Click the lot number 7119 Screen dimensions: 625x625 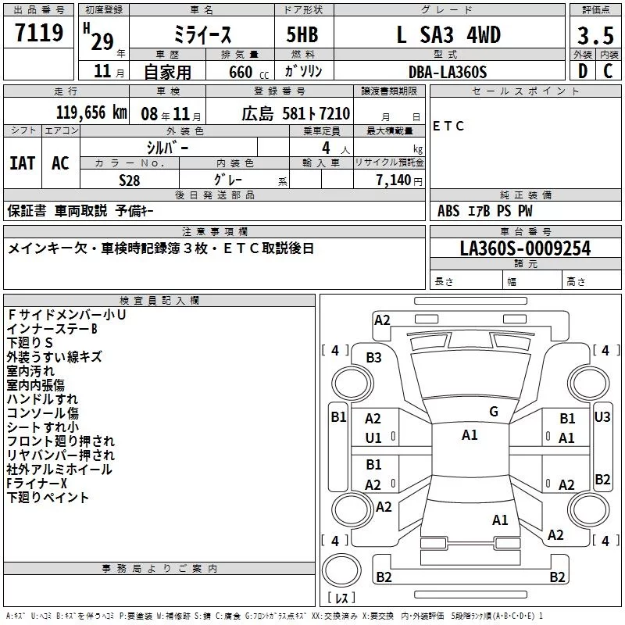39,33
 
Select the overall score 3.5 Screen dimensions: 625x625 595,35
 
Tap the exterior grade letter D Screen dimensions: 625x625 583,71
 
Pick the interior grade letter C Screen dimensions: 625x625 608,71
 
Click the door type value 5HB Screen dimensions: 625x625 302,34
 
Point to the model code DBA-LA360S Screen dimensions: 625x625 448,72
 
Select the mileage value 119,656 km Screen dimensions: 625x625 91,112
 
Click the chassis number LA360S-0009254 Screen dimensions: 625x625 525,248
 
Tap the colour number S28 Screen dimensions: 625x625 130,180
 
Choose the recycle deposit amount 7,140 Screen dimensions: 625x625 394,180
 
